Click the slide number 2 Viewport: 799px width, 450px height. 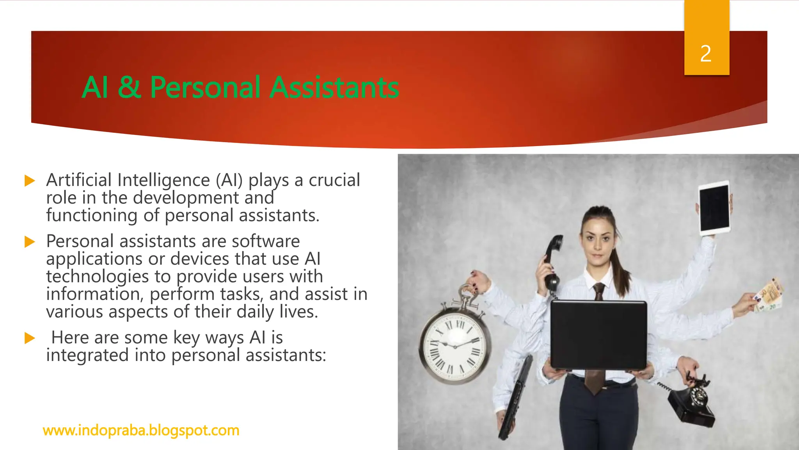[706, 54]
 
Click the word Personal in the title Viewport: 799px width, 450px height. [205, 87]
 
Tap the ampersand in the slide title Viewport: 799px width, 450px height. [129, 87]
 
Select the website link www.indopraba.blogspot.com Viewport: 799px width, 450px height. [141, 430]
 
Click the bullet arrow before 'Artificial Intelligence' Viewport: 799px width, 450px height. [30, 181]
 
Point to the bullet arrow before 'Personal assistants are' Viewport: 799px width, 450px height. [30, 242]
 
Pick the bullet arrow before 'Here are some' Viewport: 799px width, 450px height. [30, 338]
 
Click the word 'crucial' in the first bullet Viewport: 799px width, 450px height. [334, 180]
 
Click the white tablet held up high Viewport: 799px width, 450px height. [714, 209]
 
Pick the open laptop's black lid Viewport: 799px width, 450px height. [598, 335]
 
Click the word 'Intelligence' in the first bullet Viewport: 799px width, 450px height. [163, 180]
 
